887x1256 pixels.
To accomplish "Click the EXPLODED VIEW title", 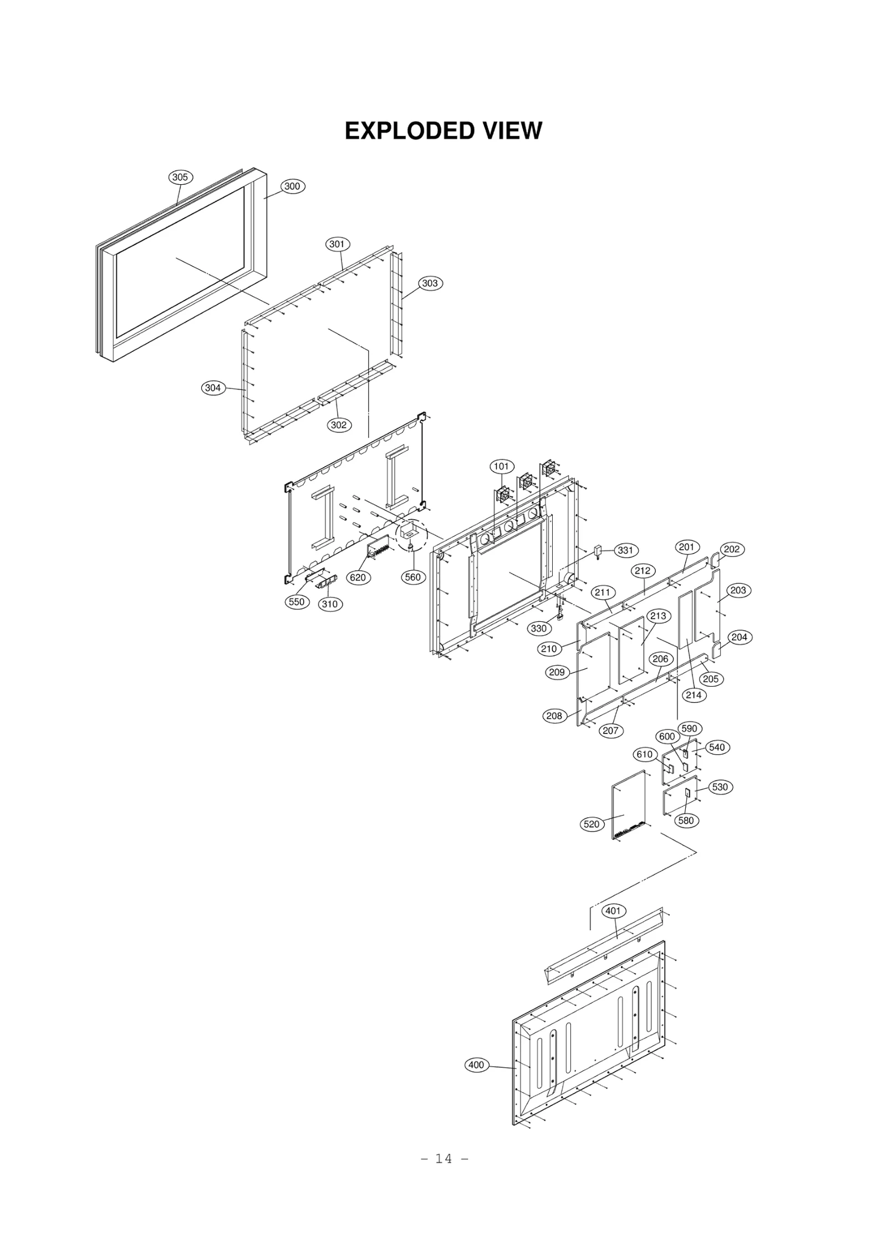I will (443, 131).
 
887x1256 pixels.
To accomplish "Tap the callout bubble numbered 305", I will (180, 178).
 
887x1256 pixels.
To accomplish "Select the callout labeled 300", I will (292, 186).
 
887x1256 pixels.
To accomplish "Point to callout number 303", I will (430, 283).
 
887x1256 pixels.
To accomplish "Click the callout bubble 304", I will (213, 388).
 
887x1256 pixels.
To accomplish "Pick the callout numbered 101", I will (502, 467).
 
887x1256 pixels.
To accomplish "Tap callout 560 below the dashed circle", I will (413, 577).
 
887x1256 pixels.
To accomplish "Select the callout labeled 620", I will (358, 578).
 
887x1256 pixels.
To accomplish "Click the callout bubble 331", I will (625, 550).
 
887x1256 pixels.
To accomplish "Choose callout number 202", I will (732, 549).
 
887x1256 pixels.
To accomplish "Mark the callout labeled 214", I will (694, 695).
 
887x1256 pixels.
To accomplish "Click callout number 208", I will (554, 716).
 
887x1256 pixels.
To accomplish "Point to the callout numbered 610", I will (644, 754).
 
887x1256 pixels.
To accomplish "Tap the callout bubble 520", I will (592, 824).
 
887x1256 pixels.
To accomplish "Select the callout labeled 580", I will (686, 821).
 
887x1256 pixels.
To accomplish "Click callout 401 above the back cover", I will (613, 911).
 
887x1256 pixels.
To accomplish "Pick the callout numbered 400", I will (476, 1065).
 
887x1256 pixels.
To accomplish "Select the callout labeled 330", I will (539, 629).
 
